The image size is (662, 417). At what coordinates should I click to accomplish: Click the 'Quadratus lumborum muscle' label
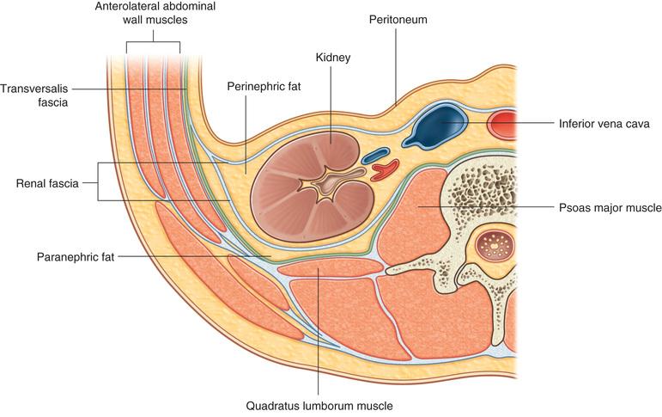319,402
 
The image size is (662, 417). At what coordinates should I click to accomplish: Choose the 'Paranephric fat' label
76,256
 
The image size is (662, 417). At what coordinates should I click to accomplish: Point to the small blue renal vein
375,156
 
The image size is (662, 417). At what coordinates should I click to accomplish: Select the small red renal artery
388,168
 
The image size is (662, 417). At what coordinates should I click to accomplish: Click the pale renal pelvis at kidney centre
328,183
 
